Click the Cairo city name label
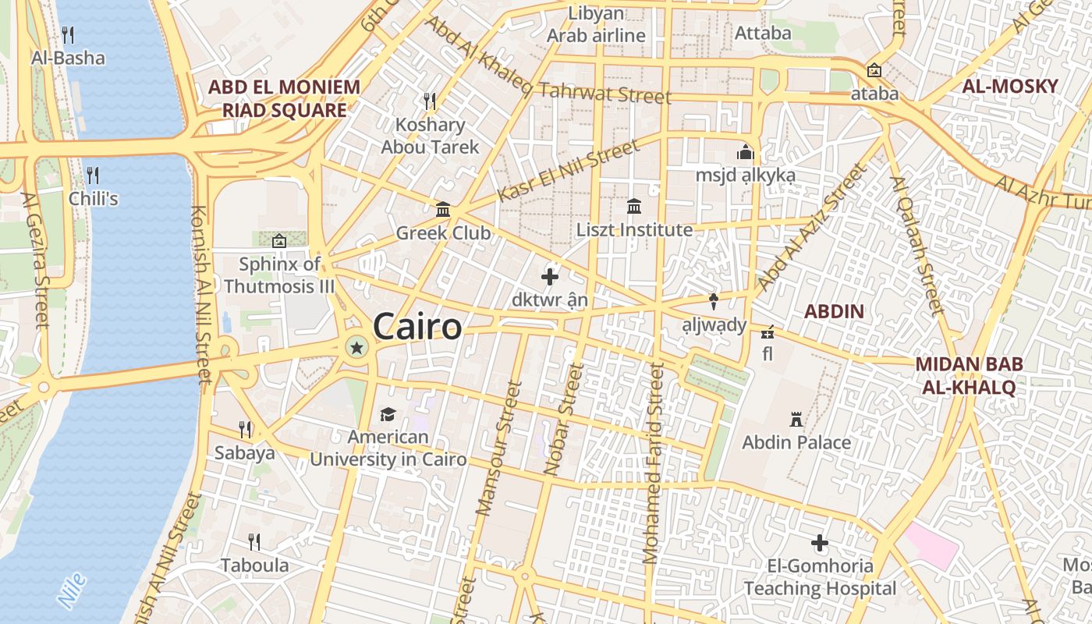tap(417, 326)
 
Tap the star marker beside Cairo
tap(357, 348)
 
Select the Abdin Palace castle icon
tap(796, 420)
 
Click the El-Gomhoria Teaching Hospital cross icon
tap(819, 543)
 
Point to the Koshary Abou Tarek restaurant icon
tap(429, 101)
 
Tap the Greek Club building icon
tap(444, 209)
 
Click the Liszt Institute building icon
tap(634, 207)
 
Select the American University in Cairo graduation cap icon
tap(388, 414)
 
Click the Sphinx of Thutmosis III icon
tap(279, 241)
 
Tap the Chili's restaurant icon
tap(93, 174)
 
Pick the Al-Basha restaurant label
tap(68, 58)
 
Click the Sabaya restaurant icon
tap(245, 429)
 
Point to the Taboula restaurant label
tap(254, 565)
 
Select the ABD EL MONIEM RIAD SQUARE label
tap(284, 98)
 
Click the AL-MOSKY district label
tap(1010, 87)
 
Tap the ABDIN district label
tap(834, 312)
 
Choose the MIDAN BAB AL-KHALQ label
tap(969, 375)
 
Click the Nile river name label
tap(72, 590)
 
